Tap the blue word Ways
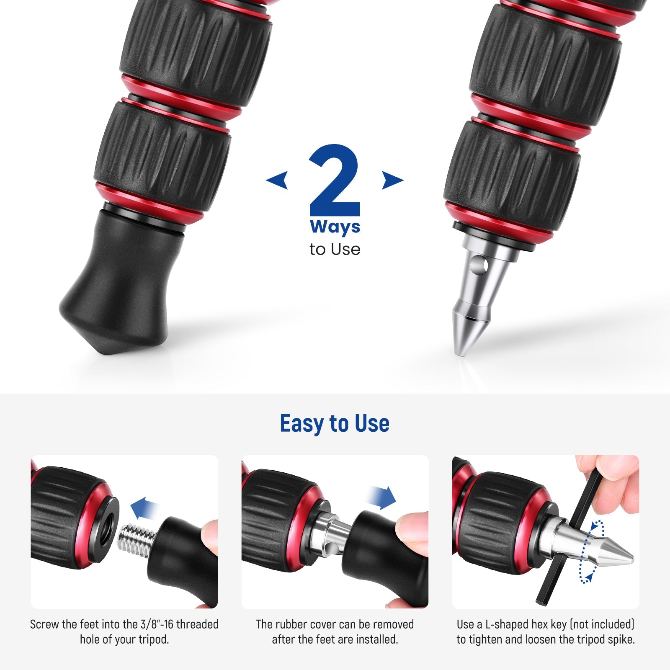(335, 227)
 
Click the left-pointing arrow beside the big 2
(277, 180)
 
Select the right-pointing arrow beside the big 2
(392, 180)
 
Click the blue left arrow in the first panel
(144, 508)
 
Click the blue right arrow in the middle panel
(380, 497)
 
